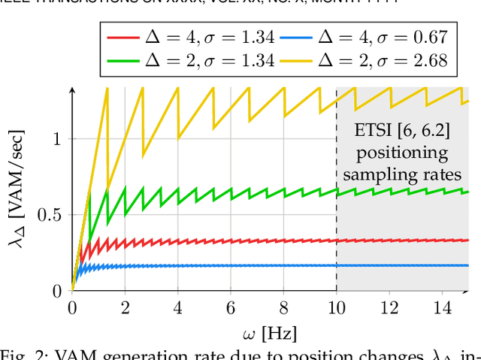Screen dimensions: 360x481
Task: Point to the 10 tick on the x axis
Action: [336, 307]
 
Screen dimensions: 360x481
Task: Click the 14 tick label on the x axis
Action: [442, 307]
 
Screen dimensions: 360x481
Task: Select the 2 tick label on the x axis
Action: [125, 307]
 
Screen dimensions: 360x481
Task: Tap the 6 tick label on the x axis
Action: [231, 307]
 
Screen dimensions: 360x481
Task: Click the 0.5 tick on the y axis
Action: [52, 215]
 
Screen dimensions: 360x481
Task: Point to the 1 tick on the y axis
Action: [59, 139]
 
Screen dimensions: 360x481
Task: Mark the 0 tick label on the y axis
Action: [59, 292]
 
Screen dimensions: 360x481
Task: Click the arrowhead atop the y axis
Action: [72, 90]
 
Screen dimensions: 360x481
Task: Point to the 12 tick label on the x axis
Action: [389, 307]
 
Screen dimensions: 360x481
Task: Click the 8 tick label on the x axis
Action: [283, 307]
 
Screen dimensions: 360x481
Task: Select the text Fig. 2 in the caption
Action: [23, 354]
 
